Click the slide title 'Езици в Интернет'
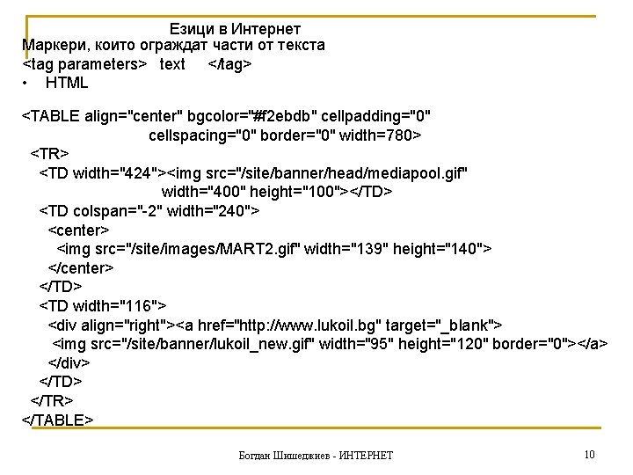(x=235, y=30)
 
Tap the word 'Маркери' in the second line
(x=52, y=45)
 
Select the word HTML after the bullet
(x=67, y=83)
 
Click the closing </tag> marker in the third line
(x=230, y=64)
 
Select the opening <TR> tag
(x=50, y=154)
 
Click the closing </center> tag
(x=80, y=268)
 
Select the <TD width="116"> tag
(x=103, y=306)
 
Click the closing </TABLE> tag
(x=57, y=420)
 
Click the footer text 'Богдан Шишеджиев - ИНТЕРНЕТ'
(x=316, y=455)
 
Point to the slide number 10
(x=589, y=454)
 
